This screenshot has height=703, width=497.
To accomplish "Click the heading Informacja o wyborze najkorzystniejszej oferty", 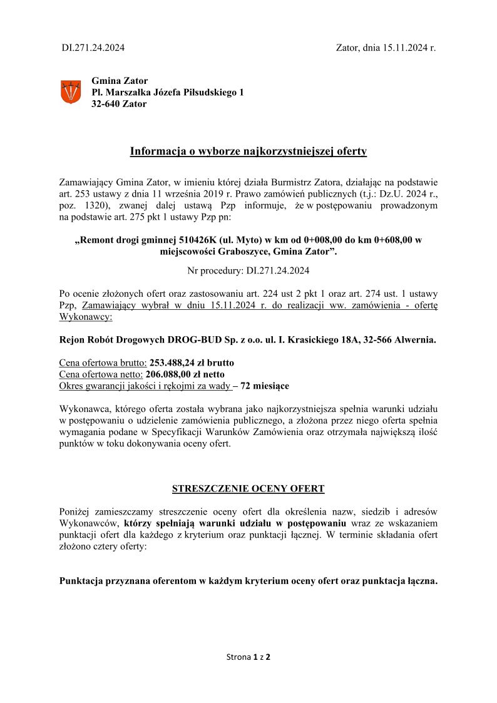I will (248, 151).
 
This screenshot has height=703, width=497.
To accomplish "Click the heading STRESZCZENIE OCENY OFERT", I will (248, 488).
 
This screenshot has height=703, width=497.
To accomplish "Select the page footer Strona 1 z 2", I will (248, 657).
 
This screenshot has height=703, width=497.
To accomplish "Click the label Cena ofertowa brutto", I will (103, 363).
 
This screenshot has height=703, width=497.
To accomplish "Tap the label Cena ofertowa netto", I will (101, 374).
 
